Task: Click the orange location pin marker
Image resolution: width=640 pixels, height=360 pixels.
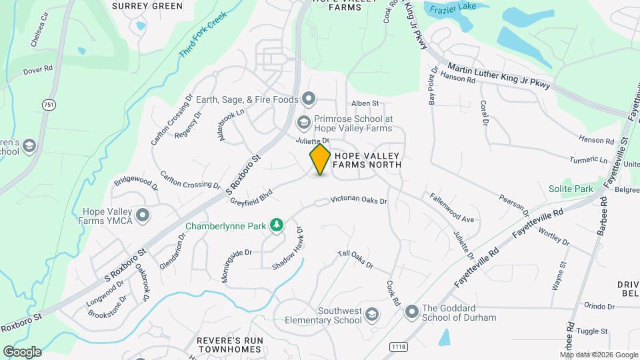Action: click(x=320, y=159)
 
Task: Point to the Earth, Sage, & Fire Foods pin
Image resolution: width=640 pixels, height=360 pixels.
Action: click(x=308, y=99)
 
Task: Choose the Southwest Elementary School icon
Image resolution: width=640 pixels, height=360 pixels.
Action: click(x=372, y=314)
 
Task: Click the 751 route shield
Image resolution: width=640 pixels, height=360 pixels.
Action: click(x=48, y=105)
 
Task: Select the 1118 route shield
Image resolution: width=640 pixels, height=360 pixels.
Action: click(x=399, y=346)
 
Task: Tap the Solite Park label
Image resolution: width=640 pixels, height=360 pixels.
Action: click(x=571, y=189)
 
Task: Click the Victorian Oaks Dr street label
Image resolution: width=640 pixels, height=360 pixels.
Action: click(x=359, y=199)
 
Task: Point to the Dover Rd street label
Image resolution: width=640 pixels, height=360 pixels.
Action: click(x=37, y=69)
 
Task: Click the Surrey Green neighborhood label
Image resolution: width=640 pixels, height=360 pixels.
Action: click(x=147, y=6)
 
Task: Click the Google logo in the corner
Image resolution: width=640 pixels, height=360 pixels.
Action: click(x=23, y=351)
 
